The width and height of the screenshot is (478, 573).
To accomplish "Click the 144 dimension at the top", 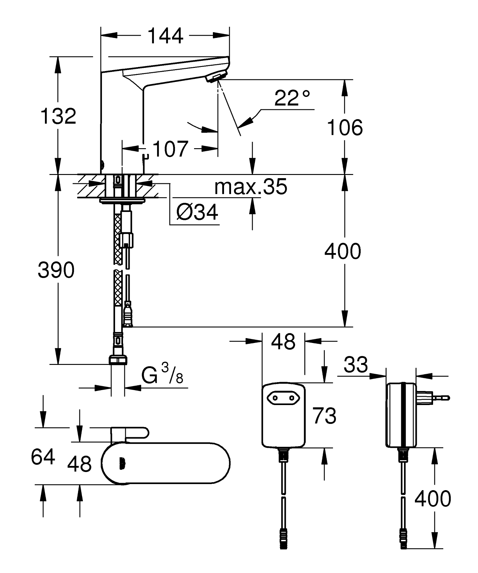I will [166, 36].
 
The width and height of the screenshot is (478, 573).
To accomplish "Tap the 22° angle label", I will [292, 98].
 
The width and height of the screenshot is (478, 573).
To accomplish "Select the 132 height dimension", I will [58, 116].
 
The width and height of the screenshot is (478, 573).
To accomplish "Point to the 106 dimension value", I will [345, 128].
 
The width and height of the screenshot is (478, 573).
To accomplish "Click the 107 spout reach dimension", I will [170, 149].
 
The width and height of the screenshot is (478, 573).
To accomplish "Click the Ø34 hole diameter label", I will [197, 212].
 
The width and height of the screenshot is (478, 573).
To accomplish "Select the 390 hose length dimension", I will [56, 270].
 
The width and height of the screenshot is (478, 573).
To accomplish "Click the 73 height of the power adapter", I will [324, 416].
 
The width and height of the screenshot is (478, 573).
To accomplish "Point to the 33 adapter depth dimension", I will [356, 365].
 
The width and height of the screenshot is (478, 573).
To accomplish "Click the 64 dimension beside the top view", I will [43, 457].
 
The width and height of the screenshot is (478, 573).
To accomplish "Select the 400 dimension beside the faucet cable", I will [343, 251].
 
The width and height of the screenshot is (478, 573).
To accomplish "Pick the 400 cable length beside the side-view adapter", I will [432, 498].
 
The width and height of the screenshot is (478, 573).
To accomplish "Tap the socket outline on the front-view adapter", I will [283, 397].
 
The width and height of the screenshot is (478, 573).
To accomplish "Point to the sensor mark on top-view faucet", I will [121, 464].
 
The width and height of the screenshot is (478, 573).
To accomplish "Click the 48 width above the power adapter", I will [283, 342].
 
